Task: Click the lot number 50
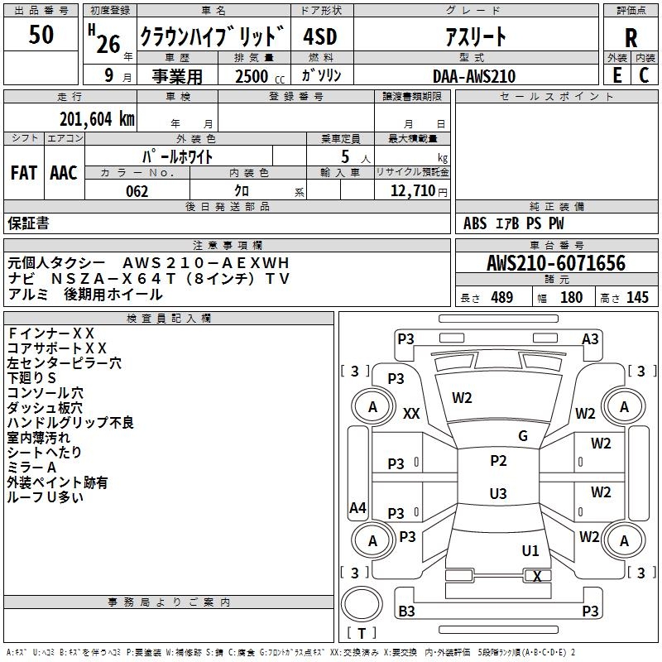pyautogui.click(x=41, y=36)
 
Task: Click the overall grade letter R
pyautogui.click(x=631, y=38)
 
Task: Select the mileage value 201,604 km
pyautogui.click(x=97, y=119)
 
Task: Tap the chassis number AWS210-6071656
pyautogui.click(x=556, y=263)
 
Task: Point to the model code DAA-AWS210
pyautogui.click(x=473, y=76)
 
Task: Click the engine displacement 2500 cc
pyautogui.click(x=252, y=76)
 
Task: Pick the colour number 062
pyautogui.click(x=137, y=191)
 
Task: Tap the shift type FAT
pyautogui.click(x=23, y=173)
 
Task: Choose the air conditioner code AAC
pyautogui.click(x=64, y=173)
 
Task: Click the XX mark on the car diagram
pyautogui.click(x=411, y=414)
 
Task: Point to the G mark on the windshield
pyautogui.click(x=523, y=436)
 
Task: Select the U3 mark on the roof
pyautogui.click(x=498, y=493)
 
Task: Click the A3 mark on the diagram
pyautogui.click(x=590, y=338)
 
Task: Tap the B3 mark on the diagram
pyautogui.click(x=406, y=612)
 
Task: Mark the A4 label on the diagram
pyautogui.click(x=357, y=508)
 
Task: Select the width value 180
pyautogui.click(x=572, y=298)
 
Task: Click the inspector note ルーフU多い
pyautogui.click(x=45, y=497)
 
